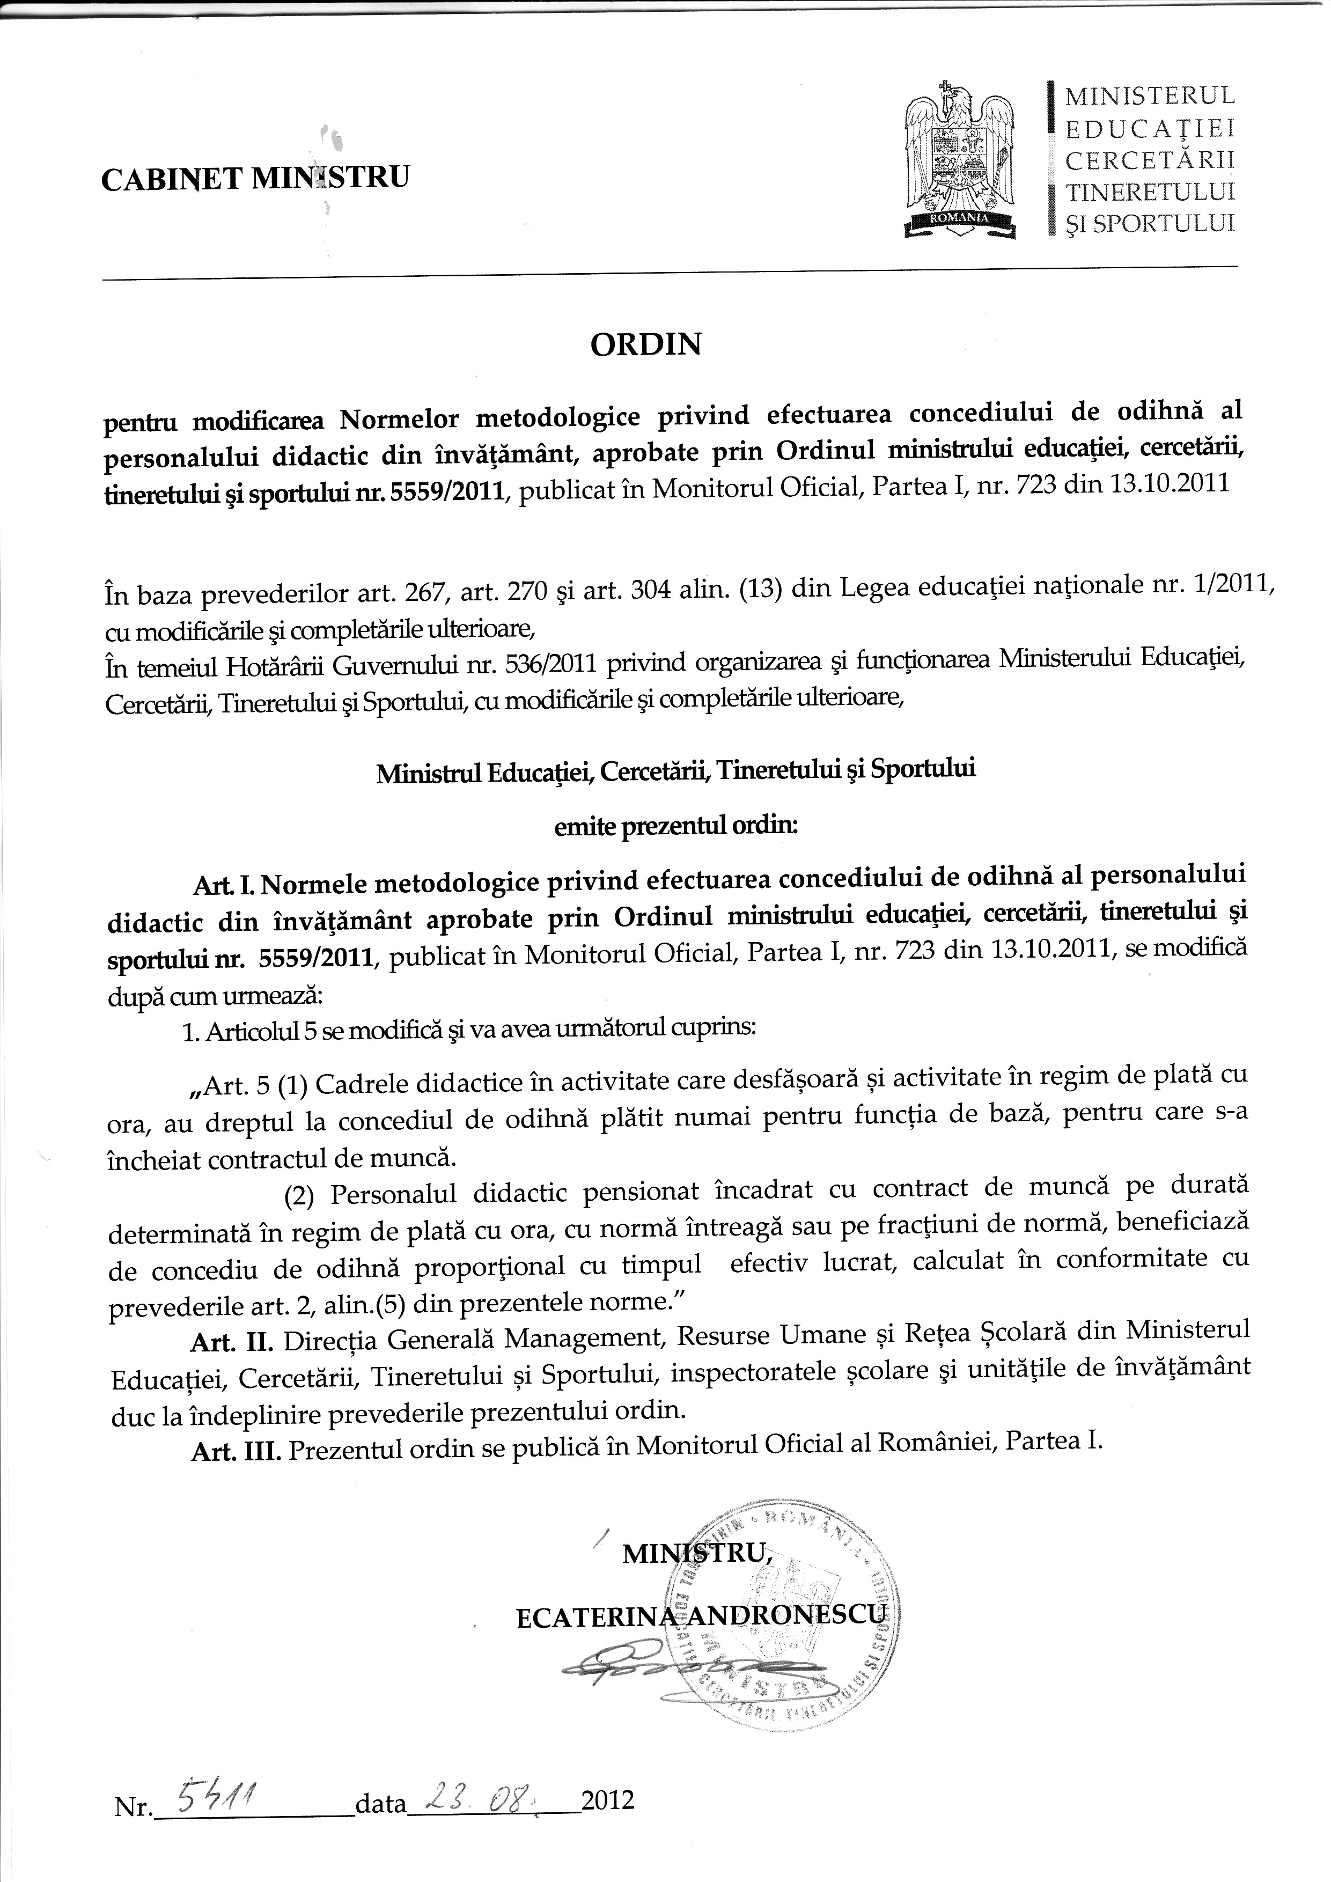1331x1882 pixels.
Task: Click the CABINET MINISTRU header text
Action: pyautogui.click(x=255, y=177)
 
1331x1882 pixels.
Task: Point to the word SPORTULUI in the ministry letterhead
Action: pyautogui.click(x=1164, y=223)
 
